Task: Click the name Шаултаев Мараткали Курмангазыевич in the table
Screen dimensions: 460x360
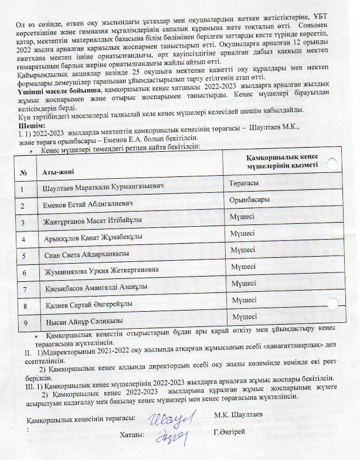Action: pos(102,188)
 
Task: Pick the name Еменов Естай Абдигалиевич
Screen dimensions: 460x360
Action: pos(88,205)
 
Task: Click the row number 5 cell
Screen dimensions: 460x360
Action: pos(23,255)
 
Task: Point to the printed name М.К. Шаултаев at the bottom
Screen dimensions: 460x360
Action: pos(238,415)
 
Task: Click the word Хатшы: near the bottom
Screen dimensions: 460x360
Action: pos(132,435)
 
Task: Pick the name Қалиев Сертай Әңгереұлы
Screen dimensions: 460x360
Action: pos(88,305)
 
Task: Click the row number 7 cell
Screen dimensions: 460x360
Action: pos(23,289)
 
